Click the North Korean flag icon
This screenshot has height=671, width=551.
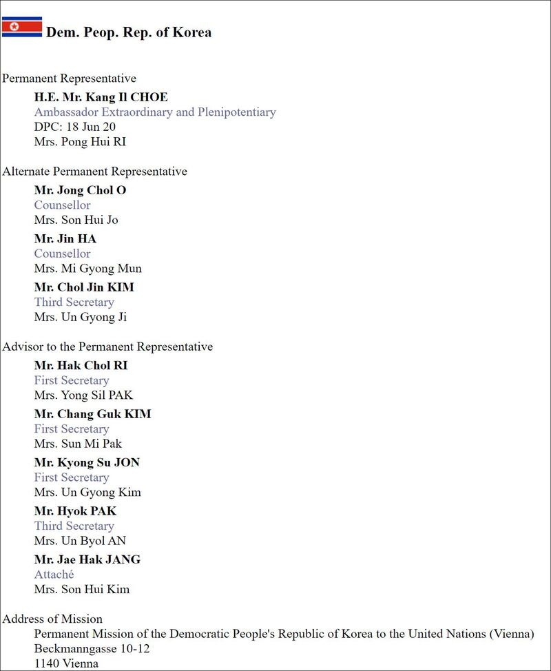(21, 28)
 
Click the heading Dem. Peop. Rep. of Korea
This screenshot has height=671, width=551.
(129, 32)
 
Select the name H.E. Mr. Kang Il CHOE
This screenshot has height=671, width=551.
(101, 97)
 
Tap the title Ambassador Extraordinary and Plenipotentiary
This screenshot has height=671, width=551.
(155, 112)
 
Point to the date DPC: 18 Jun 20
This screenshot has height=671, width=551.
(75, 127)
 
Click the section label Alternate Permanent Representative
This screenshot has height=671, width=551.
(94, 172)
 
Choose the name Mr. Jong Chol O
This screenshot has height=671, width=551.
(80, 190)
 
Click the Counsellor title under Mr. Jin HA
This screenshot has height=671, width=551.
(62, 254)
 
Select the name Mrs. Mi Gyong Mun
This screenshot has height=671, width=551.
(87, 269)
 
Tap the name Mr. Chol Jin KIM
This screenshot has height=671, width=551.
(84, 287)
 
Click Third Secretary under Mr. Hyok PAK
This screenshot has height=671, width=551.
(74, 526)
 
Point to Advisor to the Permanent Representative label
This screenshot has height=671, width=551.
(107, 347)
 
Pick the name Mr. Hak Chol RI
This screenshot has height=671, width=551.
(81, 365)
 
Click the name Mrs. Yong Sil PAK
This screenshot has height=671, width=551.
(83, 395)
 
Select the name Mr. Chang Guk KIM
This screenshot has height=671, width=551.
(92, 414)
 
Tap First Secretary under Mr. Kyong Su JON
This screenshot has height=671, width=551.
(72, 477)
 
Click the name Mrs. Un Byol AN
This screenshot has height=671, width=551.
(80, 541)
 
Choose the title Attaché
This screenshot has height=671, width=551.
(54, 575)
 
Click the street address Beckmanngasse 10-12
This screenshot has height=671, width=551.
(92, 649)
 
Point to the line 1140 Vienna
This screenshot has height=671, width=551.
(66, 663)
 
